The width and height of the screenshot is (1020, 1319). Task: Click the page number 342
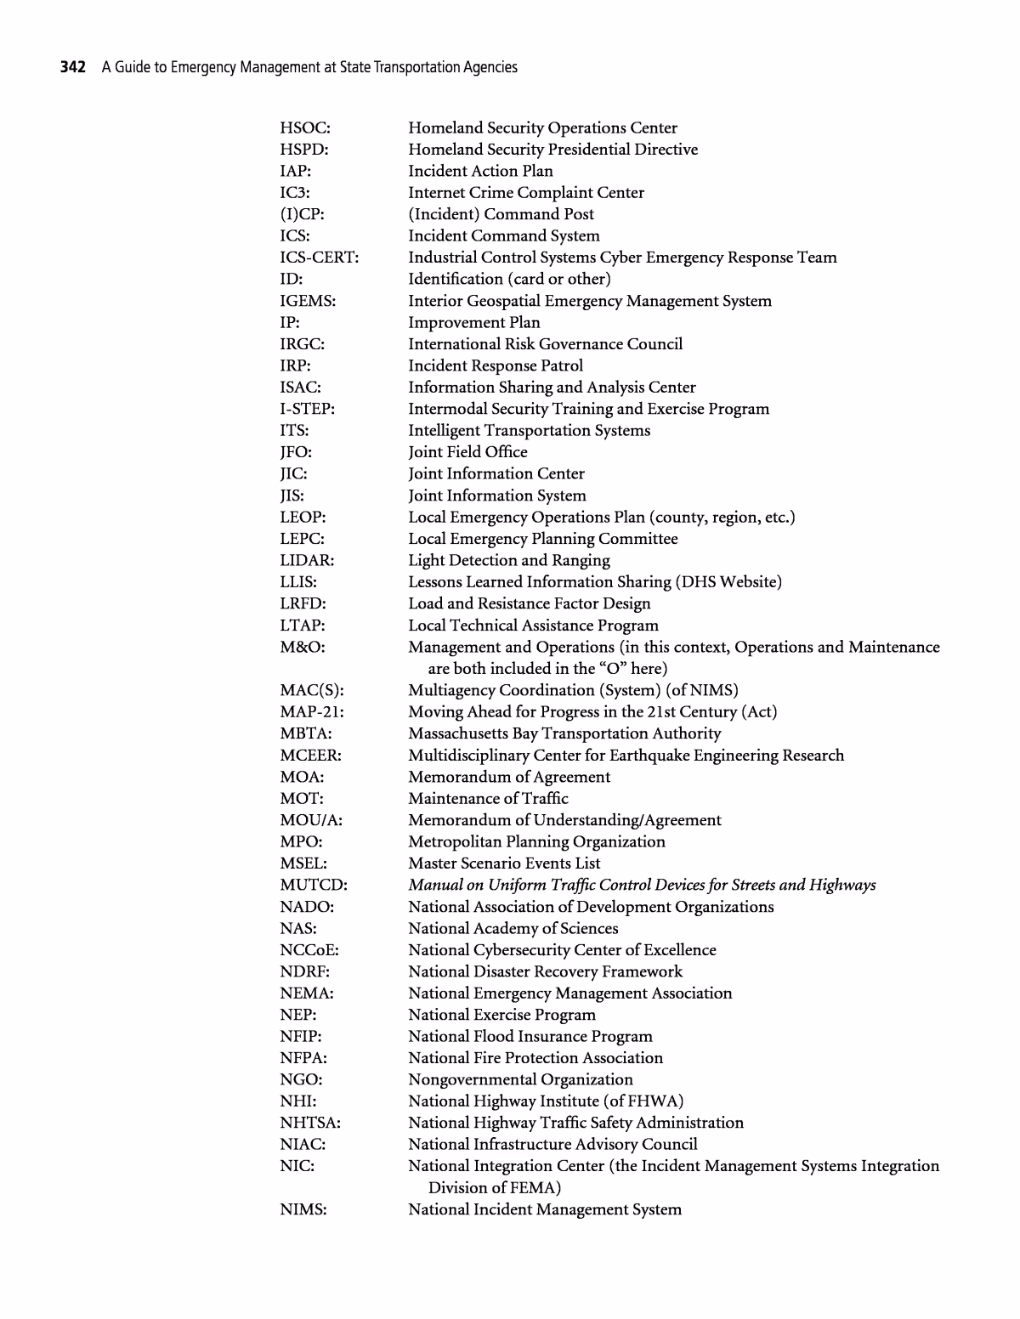(x=72, y=67)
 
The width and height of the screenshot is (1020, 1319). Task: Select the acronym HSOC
(x=305, y=128)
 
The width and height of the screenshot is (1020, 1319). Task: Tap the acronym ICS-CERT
(x=320, y=258)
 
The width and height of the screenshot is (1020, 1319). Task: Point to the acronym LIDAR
(x=307, y=561)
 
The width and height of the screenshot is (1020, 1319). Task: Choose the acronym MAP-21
(x=312, y=712)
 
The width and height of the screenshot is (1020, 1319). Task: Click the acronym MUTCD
(x=314, y=886)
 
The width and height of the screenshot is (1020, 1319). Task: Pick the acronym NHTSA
(x=310, y=1124)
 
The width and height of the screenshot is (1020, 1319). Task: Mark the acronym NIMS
(x=303, y=1210)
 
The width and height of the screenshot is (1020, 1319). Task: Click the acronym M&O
(x=303, y=648)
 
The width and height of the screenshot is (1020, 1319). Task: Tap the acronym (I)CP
(x=302, y=214)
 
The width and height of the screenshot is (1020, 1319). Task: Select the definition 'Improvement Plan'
(x=473, y=323)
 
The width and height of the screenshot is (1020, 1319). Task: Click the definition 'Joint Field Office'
(x=467, y=452)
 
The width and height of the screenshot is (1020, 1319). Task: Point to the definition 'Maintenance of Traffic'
(x=488, y=799)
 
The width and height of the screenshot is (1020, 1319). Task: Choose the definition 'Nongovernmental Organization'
(x=520, y=1080)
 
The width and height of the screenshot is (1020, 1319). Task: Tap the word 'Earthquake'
(x=660, y=756)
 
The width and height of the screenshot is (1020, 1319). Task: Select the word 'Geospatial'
(x=503, y=301)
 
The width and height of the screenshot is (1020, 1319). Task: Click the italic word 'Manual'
(x=433, y=886)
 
